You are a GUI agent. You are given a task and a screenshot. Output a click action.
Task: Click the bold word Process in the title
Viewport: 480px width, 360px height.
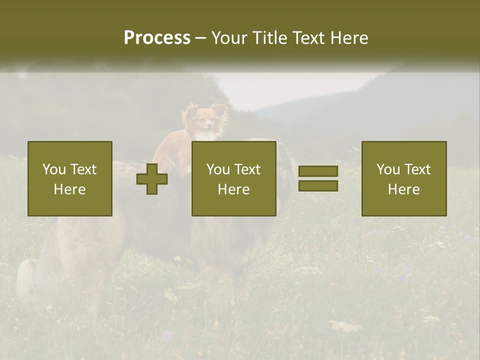[x=157, y=38]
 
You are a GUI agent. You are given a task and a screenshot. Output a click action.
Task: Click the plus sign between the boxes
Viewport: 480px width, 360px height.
[x=152, y=179]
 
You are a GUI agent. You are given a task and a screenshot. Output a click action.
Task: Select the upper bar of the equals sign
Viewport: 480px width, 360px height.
[x=318, y=171]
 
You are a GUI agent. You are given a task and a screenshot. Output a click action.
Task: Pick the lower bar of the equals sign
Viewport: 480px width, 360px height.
[x=318, y=185]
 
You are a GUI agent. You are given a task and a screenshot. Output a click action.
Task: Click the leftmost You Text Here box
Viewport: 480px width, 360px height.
[x=69, y=178]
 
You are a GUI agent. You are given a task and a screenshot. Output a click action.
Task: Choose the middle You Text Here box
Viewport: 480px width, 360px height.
[x=233, y=178]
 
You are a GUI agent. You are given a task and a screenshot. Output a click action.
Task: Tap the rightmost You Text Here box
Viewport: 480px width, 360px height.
[x=403, y=178]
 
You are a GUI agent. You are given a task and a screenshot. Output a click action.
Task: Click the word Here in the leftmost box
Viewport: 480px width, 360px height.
[x=69, y=189]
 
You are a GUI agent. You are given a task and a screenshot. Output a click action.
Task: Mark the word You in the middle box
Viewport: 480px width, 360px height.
[x=218, y=169]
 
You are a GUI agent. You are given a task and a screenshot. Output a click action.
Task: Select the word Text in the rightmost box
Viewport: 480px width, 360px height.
[x=416, y=169]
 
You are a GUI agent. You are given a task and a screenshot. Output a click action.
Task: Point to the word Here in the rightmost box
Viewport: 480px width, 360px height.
[x=403, y=189]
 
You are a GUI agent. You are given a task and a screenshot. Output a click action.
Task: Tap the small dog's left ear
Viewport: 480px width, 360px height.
[x=190, y=110]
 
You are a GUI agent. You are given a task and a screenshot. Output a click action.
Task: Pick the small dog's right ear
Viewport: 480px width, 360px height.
[x=218, y=109]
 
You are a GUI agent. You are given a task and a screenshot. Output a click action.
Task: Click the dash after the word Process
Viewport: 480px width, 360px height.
[x=201, y=38]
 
